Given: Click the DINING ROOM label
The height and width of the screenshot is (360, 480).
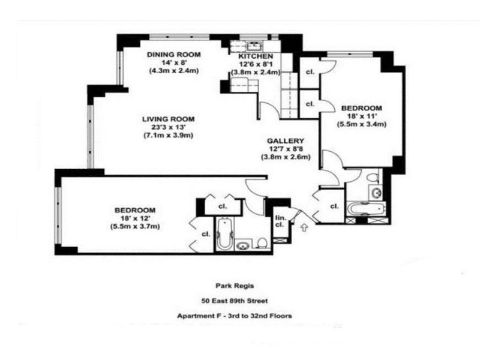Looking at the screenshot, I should point(173,54).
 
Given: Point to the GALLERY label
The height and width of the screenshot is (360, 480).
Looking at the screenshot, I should point(286,141).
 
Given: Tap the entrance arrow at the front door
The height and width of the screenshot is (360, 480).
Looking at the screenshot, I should point(304,227).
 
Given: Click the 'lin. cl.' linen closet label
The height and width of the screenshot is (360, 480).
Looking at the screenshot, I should point(280,221).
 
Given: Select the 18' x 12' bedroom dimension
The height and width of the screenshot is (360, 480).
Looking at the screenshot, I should point(134,218).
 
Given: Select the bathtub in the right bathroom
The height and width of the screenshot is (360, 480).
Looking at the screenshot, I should point(365,209).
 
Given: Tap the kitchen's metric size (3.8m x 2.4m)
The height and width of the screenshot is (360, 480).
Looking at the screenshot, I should point(256,73).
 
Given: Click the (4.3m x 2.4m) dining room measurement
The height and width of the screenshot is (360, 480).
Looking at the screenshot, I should point(173,70).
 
